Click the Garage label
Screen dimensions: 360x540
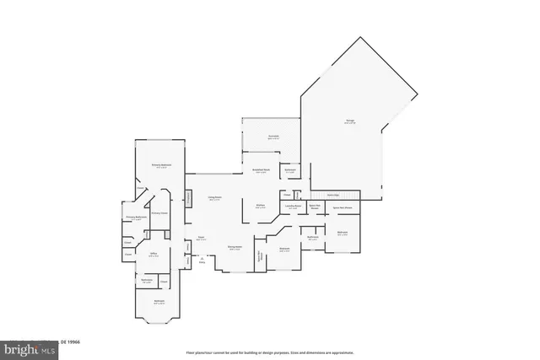349,121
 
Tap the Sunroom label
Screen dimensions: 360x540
273,136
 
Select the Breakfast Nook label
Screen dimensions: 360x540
262,170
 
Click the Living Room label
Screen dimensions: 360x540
214,198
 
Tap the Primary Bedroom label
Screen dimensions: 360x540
161,165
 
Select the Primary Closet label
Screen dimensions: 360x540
158,213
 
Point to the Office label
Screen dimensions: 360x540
154,253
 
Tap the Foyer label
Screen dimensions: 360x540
201,239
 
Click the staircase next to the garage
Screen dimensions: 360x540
332,195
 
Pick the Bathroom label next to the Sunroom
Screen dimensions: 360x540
290,170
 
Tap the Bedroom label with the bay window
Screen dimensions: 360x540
159,301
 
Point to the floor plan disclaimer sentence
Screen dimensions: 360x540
270,352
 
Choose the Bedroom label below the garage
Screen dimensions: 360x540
343,233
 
